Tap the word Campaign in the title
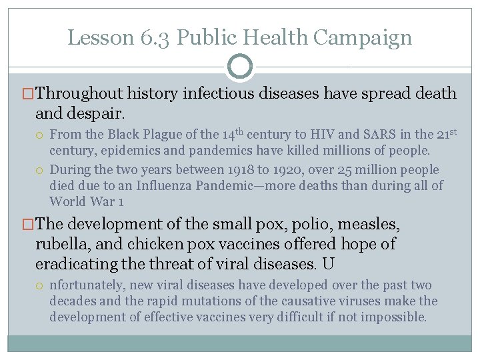coord(364,38)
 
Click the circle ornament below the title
coord(240,67)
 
